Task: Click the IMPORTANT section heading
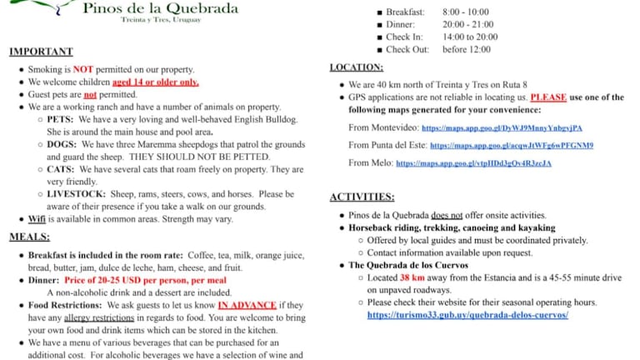[x=41, y=52]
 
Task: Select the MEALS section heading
[x=29, y=237]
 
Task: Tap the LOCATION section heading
[x=357, y=67]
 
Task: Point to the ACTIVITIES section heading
[x=362, y=197]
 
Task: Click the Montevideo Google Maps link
[x=502, y=128]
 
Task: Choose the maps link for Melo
[x=473, y=163]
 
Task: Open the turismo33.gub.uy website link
[x=467, y=316]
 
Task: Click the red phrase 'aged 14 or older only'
[x=156, y=82]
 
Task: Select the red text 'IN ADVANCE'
[x=247, y=305]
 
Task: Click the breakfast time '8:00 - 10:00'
[x=465, y=12]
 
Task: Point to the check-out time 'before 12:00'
[x=467, y=49]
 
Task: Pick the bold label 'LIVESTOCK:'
[x=77, y=193]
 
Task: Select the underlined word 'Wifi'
[x=37, y=219]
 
